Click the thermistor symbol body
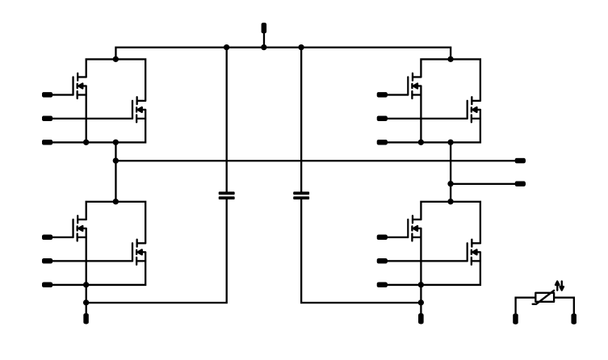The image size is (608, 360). [545, 297]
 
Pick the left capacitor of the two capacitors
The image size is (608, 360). [227, 195]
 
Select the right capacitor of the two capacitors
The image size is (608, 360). [301, 195]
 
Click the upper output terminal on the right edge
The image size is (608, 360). [520, 161]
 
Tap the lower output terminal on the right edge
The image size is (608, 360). [520, 184]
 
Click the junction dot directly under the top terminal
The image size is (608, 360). [264, 47]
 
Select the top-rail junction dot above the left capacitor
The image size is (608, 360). [227, 47]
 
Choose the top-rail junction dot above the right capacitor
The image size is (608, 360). [301, 47]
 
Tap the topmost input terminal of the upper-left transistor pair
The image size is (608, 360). [47, 95]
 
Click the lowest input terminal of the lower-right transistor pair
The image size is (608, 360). [381, 285]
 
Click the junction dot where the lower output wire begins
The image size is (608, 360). [450, 184]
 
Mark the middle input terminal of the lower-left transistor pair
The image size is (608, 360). [47, 261]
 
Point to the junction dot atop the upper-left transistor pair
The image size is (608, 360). [116, 58]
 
